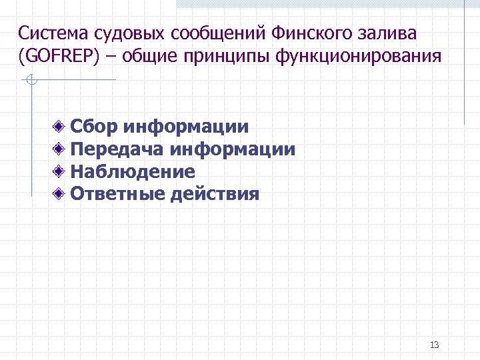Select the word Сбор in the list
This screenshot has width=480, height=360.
pyautogui.click(x=95, y=127)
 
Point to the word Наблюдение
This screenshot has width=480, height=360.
pyautogui.click(x=133, y=172)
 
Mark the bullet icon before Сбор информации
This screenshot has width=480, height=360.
pyautogui.click(x=60, y=127)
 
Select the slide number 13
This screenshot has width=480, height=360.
pyautogui.click(x=435, y=345)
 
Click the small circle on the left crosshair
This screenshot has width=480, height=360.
pyautogui.click(x=31, y=81)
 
